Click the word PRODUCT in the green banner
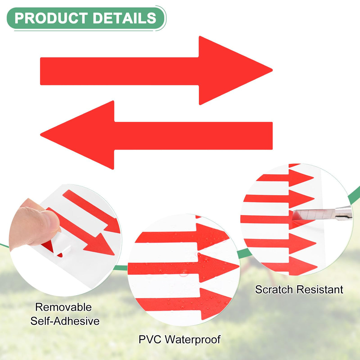(51, 18)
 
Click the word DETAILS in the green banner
(124, 18)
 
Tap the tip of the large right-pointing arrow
(272, 70)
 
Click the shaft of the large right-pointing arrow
(120, 71)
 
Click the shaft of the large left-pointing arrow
(193, 136)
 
